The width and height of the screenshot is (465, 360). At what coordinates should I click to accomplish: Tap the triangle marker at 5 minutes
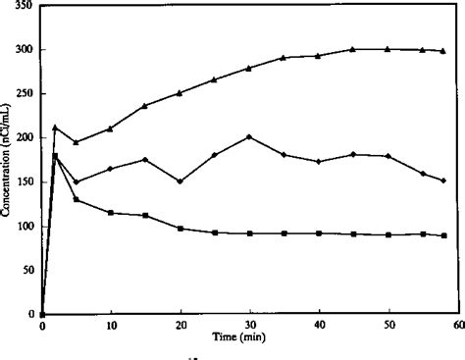[x=77, y=142]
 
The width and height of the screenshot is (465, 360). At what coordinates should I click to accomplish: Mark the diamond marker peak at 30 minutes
[x=250, y=136]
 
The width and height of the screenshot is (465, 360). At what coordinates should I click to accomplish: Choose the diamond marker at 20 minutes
[x=181, y=181]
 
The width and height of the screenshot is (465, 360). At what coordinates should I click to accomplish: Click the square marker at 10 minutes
[x=111, y=213]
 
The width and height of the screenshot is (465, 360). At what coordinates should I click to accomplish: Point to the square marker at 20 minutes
[x=181, y=229]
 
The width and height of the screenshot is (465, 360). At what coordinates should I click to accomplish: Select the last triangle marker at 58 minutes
[x=443, y=51]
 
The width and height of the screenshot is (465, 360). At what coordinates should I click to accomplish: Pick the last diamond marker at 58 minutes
[x=443, y=180]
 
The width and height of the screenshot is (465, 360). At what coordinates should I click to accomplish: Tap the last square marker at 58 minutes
[x=443, y=235]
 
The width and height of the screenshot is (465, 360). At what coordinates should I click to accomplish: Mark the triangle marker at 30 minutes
[x=249, y=69]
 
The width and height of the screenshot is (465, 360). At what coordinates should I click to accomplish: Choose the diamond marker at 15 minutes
[x=145, y=160]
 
